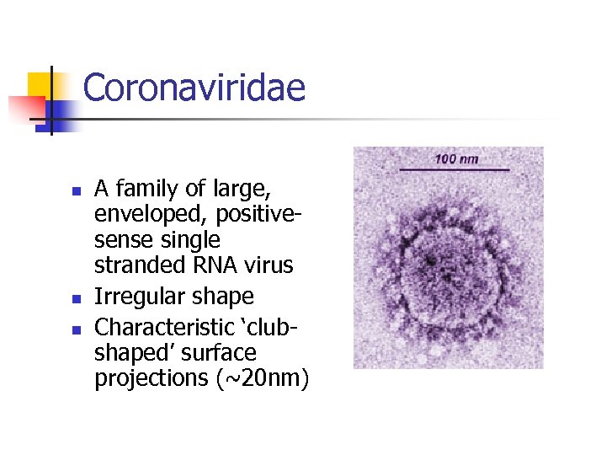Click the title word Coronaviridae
[x=194, y=88]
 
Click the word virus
[x=268, y=265]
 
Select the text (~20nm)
[x=263, y=379]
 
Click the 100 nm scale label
[x=456, y=158]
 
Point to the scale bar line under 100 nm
[x=454, y=170]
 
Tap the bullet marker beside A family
[x=77, y=191]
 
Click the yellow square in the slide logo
[x=40, y=84]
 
